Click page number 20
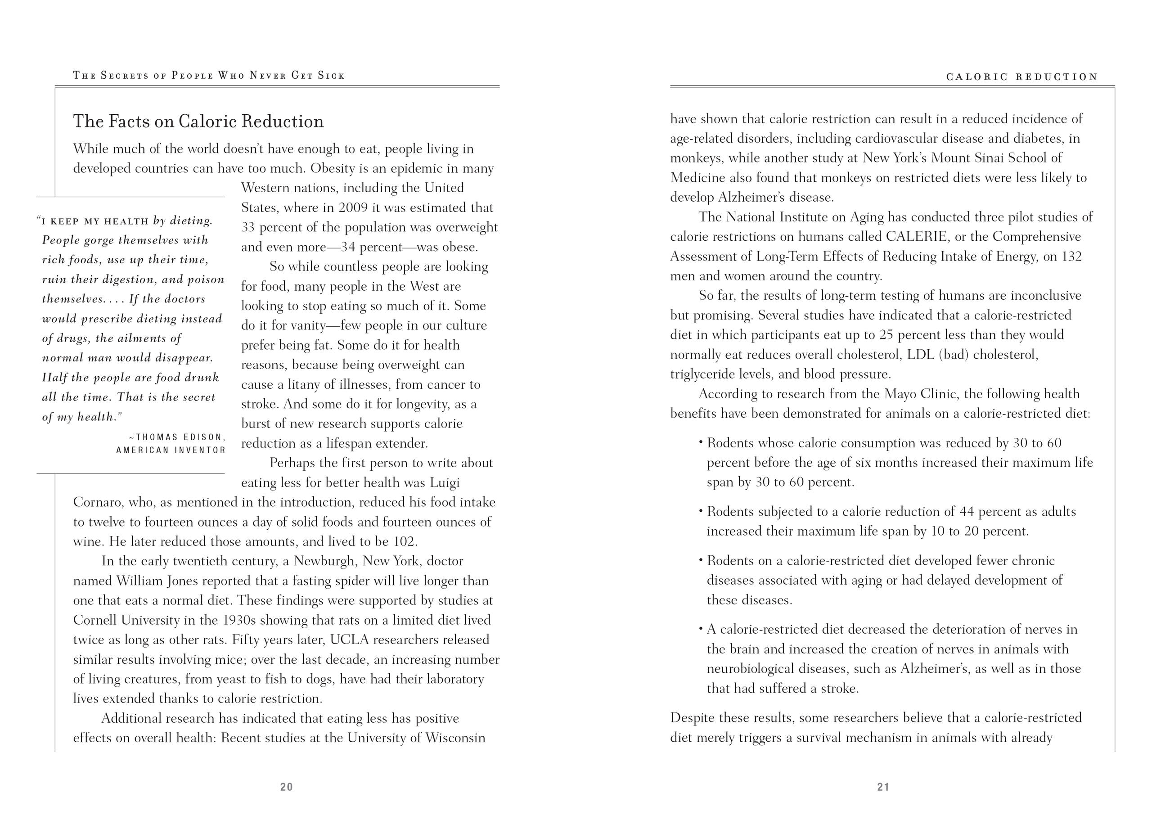coord(286,787)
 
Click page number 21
coord(883,787)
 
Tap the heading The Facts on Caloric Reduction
coord(198,122)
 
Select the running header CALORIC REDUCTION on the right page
coord(1022,77)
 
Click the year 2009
coord(353,208)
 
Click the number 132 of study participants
coord(1071,256)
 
